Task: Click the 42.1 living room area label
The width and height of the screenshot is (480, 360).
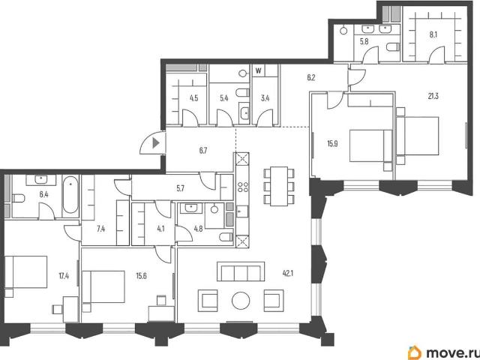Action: click(288, 273)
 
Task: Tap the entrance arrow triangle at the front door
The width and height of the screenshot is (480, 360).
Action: click(156, 143)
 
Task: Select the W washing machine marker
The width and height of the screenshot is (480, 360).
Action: click(258, 71)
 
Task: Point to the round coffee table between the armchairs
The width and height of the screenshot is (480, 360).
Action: click(241, 301)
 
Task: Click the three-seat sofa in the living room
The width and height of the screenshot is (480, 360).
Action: click(241, 271)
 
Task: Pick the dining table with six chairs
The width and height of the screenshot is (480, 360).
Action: click(279, 186)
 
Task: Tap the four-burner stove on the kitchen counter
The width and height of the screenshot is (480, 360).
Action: click(242, 187)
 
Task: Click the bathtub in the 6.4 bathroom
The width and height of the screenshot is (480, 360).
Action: click(70, 195)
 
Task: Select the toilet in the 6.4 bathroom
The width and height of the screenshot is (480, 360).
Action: click(18, 198)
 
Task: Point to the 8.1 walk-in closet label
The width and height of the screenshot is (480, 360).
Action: click(433, 35)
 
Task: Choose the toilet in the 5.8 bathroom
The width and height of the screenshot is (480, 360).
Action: click(393, 47)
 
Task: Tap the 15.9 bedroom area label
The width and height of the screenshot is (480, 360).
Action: click(332, 143)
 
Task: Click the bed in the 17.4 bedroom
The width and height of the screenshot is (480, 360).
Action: click(26, 271)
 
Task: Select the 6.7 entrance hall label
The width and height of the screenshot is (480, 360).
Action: click(203, 150)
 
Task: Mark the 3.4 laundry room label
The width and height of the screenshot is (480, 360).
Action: click(265, 98)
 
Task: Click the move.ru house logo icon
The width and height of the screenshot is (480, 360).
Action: click(415, 352)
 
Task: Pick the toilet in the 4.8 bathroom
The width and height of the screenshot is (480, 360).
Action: click(226, 237)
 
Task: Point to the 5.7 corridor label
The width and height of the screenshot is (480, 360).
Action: click(181, 188)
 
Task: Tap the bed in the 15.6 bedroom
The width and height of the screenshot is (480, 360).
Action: click(103, 286)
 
